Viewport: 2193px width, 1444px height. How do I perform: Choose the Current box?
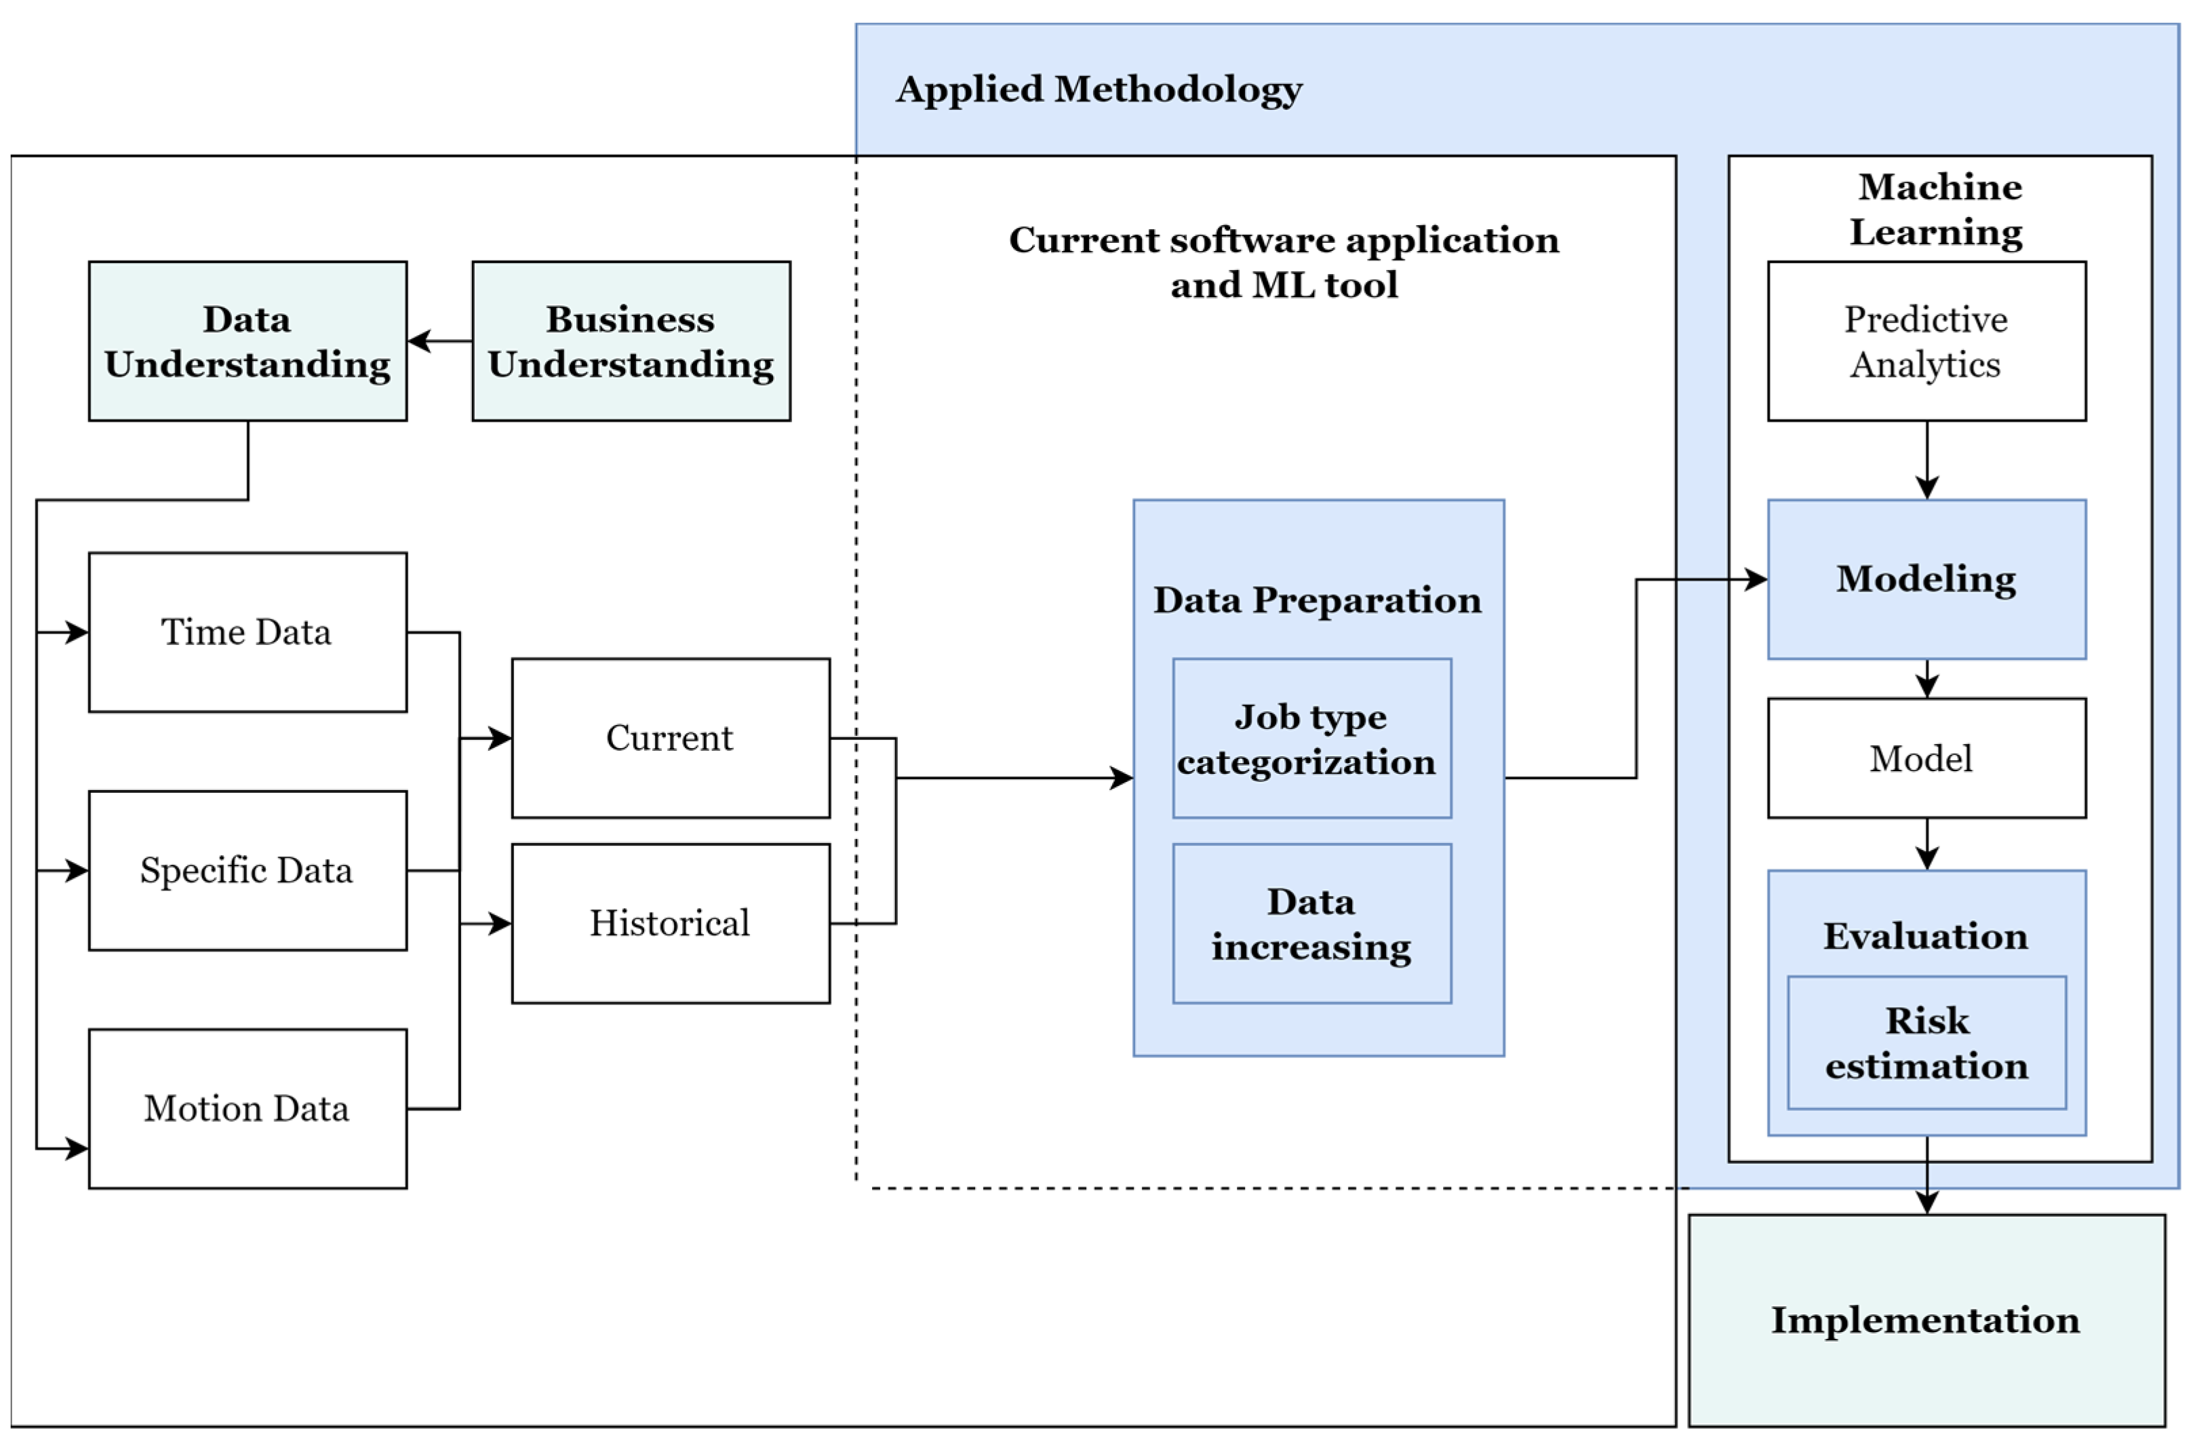(670, 737)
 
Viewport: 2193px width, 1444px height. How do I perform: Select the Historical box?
(670, 922)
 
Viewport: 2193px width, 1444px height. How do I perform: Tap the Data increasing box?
(1311, 922)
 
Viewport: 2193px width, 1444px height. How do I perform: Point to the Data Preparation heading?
(1318, 600)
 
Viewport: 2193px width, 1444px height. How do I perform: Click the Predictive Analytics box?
(1926, 341)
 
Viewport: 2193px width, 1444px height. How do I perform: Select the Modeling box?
(1926, 579)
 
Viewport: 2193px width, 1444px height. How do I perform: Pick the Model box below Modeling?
(1926, 758)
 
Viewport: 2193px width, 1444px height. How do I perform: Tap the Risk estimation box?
(1926, 1042)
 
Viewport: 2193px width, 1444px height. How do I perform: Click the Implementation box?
(1926, 1320)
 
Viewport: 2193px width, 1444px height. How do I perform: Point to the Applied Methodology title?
(1099, 90)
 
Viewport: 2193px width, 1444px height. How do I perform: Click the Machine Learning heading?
(1939, 209)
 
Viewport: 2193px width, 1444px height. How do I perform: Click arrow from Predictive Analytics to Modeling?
(1927, 460)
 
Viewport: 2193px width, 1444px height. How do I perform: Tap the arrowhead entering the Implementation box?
(1927, 1202)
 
